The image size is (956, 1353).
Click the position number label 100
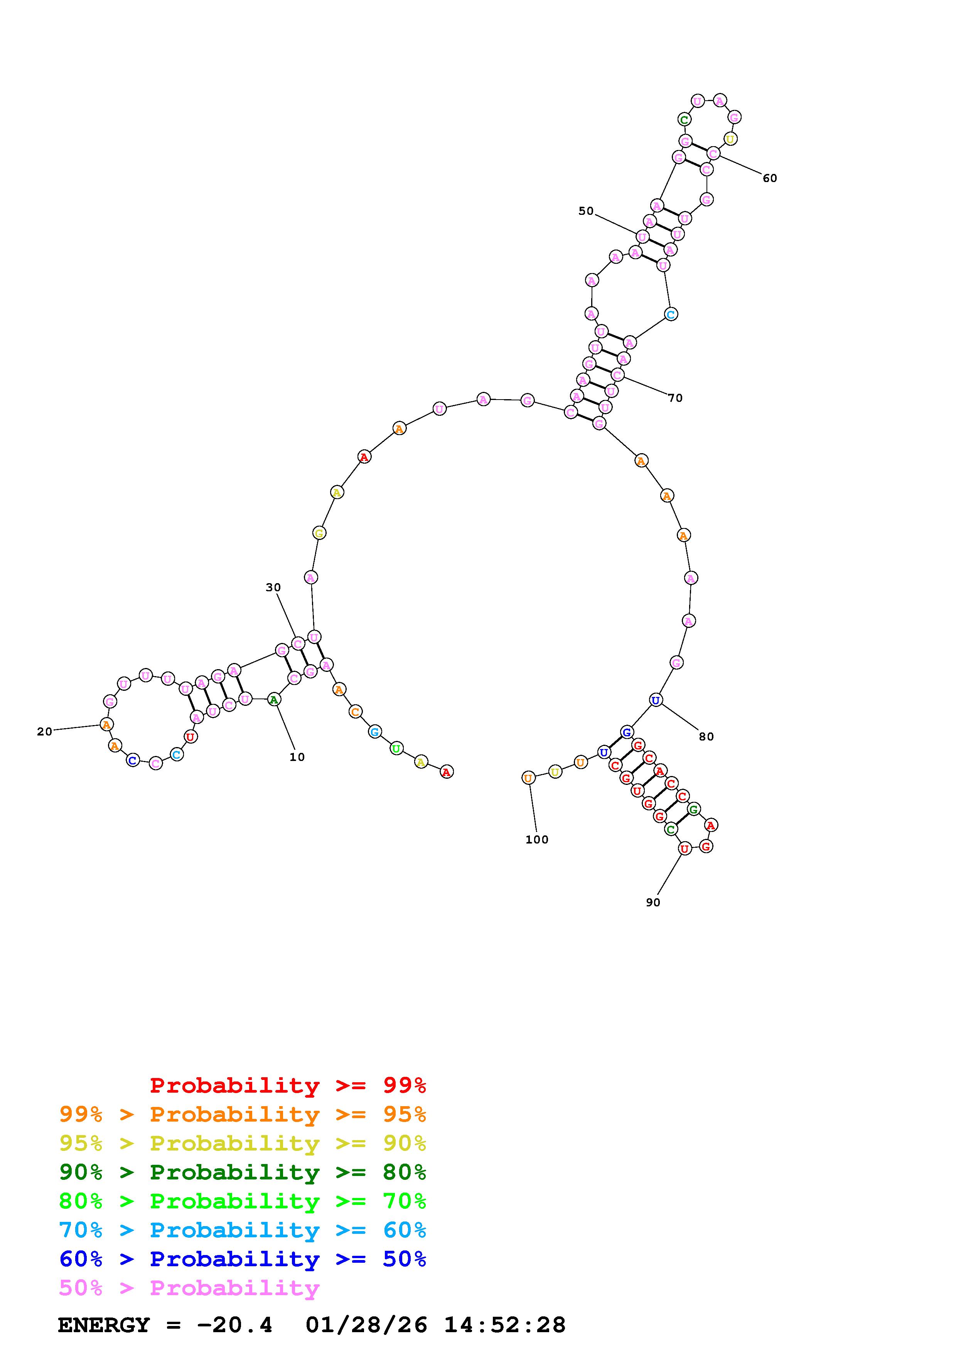coord(536,840)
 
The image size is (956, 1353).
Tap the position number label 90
coord(653,902)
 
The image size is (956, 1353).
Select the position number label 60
coord(770,178)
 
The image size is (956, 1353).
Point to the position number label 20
coord(45,731)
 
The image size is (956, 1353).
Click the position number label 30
coord(273,587)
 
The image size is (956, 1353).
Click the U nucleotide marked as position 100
coord(528,778)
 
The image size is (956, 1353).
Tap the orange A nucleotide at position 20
coord(106,724)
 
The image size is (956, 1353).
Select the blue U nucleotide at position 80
coord(656,700)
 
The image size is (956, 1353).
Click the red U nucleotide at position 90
coord(684,849)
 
